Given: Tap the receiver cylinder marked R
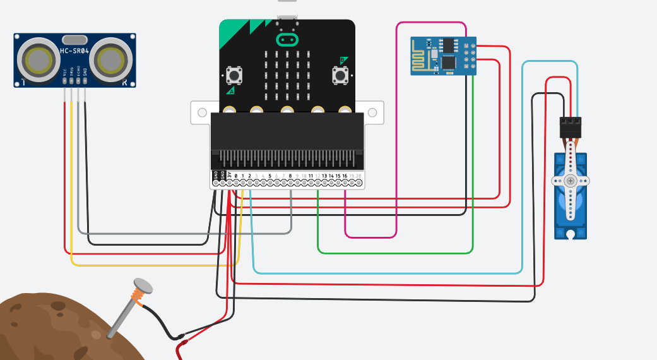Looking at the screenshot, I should click(x=111, y=61).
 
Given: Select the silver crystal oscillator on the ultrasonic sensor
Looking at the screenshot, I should click(x=75, y=40).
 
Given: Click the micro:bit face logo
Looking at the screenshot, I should click(x=287, y=40).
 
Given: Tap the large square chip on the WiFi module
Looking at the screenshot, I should click(x=449, y=63).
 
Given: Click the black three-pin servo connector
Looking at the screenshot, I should click(x=571, y=128).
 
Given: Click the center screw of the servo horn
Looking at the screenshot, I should click(x=571, y=181).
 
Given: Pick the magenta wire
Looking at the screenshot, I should click(x=396, y=126).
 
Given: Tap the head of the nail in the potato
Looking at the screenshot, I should click(x=143, y=286).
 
